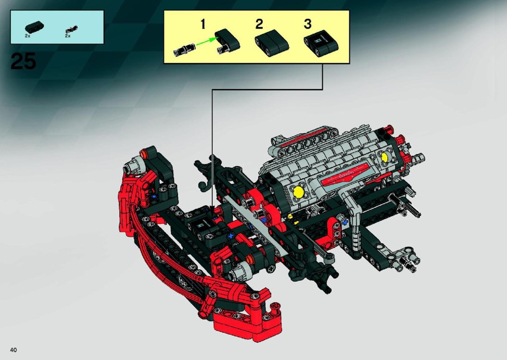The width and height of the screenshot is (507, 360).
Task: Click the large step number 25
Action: point(23,61)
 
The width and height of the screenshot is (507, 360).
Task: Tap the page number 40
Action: point(13,350)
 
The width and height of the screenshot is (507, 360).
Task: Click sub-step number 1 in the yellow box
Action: point(203,24)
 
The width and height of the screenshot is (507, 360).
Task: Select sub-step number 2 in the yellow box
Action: point(259,24)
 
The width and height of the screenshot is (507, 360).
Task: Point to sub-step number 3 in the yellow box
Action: point(308,24)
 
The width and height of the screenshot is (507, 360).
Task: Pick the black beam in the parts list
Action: point(34,27)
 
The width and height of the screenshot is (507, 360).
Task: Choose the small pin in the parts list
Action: point(71,30)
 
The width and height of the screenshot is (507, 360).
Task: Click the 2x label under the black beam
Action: point(28,36)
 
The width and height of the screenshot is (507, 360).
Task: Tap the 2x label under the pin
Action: point(68,36)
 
